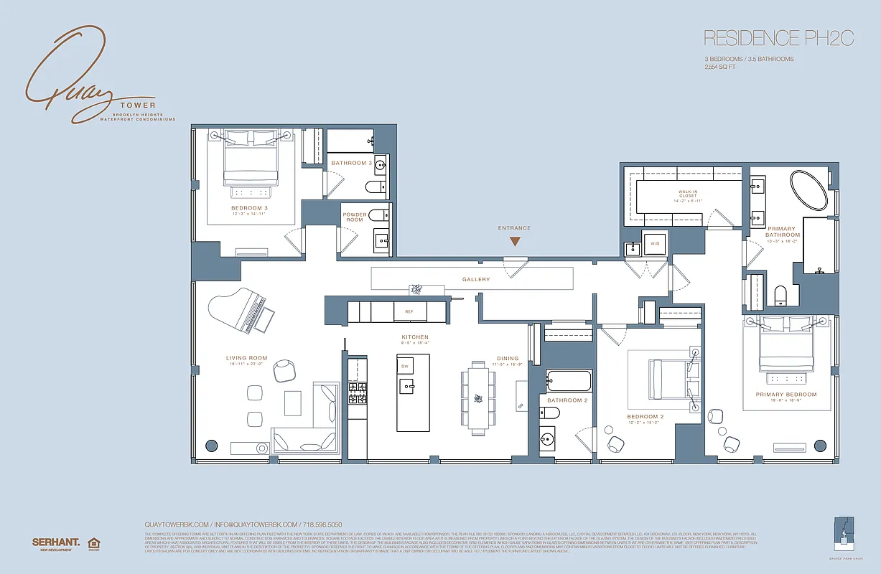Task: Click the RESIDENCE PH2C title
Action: tap(778, 38)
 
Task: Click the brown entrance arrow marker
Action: tap(515, 242)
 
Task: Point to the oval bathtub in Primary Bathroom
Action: tap(808, 189)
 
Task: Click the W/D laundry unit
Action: tap(654, 244)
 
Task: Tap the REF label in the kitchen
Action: tap(409, 312)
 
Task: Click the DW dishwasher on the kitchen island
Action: tap(404, 366)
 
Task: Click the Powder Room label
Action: tap(355, 217)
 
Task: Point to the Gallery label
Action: tap(475, 279)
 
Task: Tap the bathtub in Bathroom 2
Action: tap(568, 381)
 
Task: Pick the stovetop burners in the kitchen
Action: tap(357, 395)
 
